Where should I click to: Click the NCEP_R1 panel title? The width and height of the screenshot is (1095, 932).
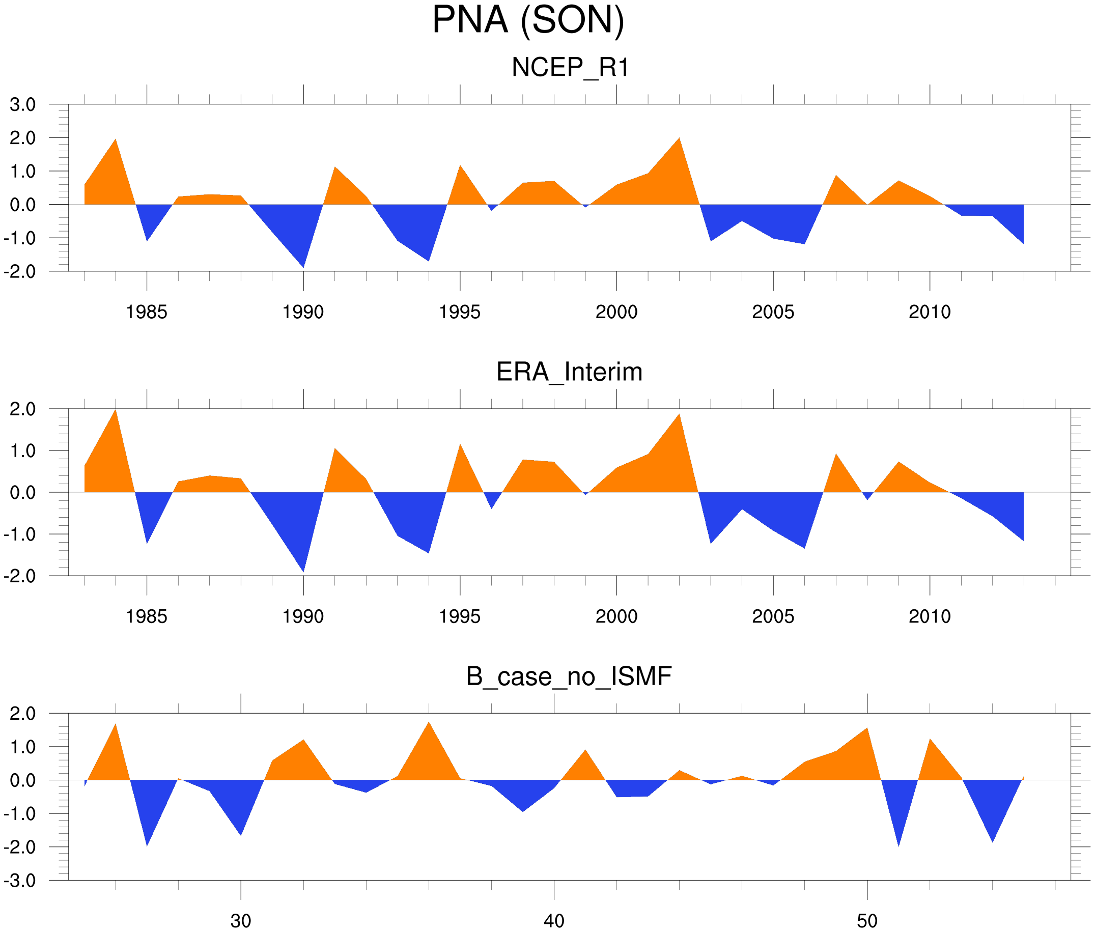(570, 68)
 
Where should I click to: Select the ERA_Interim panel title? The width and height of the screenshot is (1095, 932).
(569, 372)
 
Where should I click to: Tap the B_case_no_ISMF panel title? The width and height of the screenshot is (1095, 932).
(569, 676)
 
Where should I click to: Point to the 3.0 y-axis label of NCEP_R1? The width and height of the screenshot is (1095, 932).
(23, 105)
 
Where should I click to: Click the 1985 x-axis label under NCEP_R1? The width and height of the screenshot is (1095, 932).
(147, 312)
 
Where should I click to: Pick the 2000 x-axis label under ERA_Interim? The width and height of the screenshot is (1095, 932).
(616, 616)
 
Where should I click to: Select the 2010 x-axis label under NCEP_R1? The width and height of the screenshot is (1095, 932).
(930, 312)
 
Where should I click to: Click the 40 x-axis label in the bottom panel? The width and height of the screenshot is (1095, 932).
(554, 921)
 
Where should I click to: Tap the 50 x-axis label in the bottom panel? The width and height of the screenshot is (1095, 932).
(867, 921)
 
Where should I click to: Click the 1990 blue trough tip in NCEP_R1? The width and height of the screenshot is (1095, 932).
(303, 267)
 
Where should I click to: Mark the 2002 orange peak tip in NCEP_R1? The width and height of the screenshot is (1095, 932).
(679, 138)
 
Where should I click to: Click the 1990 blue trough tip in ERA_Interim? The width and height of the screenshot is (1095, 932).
(303, 571)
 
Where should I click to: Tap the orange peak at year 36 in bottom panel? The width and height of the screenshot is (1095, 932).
(429, 723)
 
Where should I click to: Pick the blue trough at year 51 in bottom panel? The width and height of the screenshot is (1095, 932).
(899, 845)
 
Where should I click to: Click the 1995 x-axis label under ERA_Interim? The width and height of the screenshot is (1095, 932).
(460, 616)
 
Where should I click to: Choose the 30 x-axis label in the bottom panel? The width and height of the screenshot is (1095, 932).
(241, 921)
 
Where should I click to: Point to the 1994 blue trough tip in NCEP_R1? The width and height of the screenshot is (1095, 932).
(429, 261)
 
